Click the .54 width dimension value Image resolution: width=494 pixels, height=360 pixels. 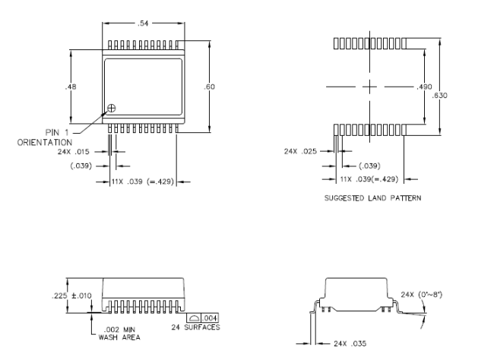coord(143,24)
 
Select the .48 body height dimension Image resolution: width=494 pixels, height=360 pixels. coord(71,87)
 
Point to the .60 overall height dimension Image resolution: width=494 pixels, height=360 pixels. coord(209,87)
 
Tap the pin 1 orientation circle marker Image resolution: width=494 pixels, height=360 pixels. coord(112,108)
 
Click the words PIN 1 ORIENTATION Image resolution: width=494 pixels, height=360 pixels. coord(45,137)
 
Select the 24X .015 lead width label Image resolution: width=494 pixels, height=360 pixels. coord(74,152)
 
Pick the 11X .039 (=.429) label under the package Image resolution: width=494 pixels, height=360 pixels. coord(142,182)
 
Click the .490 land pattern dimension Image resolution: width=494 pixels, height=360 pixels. coord(424,87)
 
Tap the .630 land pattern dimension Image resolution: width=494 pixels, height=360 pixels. coord(439,95)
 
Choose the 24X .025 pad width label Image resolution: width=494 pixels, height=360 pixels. coord(300,151)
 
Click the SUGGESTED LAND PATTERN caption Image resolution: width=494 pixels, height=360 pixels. coord(372,198)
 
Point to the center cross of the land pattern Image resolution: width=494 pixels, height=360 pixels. coord(369,87)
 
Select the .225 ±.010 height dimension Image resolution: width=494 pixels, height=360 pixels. coord(71,295)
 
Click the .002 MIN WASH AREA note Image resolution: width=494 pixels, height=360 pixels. coord(119,333)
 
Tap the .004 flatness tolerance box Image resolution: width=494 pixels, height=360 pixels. coord(210,317)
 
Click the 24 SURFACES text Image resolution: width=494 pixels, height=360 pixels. coord(195,327)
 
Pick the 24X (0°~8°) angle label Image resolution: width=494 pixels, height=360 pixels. coord(422,295)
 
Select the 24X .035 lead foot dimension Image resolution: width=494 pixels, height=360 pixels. coord(350,343)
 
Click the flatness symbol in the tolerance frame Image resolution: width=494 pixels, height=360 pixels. coord(194,318)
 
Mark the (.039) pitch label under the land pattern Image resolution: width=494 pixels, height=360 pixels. coord(369,166)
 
